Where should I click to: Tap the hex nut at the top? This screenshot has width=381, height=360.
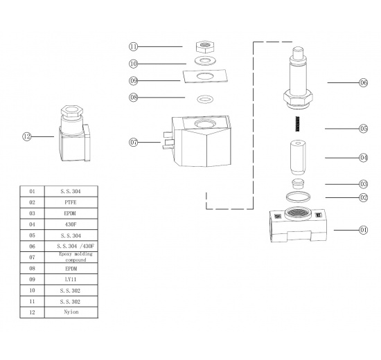(205, 48)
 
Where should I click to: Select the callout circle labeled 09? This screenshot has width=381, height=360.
(134, 81)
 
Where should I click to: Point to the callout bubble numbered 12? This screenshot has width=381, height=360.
(27, 137)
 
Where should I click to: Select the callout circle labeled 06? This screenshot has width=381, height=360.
(363, 82)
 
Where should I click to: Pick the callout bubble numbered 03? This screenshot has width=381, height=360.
(363, 184)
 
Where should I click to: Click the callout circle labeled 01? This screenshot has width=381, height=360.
(363, 229)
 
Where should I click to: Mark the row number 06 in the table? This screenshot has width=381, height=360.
(32, 246)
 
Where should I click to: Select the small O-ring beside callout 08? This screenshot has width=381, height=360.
(205, 98)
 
